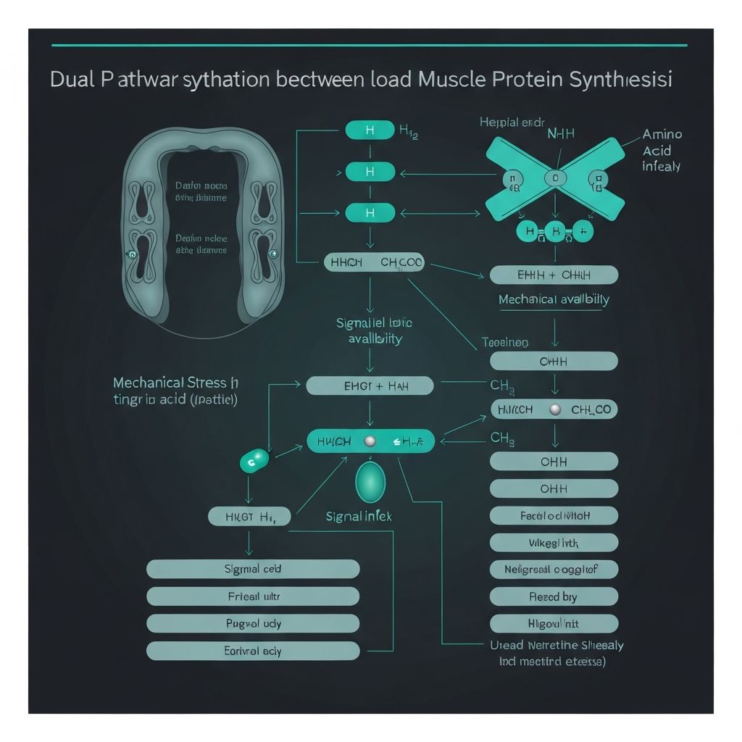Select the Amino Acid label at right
662,150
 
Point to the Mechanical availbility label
554,299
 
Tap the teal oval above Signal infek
370,481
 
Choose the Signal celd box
253,569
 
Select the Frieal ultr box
253,596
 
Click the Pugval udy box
253,623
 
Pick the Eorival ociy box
253,651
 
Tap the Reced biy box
554,596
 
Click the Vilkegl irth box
554,542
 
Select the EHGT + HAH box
370,385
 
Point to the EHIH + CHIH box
554,275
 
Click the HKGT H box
249,517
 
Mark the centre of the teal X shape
555,178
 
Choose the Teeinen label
505,342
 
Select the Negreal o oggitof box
554,570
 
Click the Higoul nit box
554,623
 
